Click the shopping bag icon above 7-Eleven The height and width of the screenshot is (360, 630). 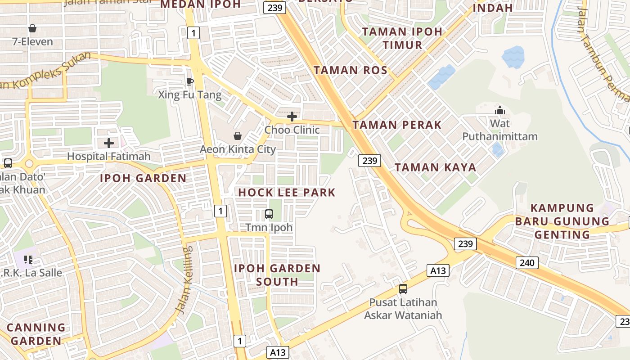pos(32,29)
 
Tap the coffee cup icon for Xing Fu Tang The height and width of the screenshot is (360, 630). pos(189,81)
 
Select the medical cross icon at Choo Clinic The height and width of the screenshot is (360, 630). pos(292,117)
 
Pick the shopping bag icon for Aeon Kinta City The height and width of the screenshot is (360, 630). pos(237,136)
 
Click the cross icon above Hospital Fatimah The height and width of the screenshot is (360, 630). pos(109,143)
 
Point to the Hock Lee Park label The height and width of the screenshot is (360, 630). pos(287,193)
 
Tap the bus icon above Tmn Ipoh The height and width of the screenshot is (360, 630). pos(269,214)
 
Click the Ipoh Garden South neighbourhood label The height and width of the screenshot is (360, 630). pos(277,275)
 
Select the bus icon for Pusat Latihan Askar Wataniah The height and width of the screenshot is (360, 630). pos(403,289)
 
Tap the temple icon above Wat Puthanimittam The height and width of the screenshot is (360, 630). pos(499,110)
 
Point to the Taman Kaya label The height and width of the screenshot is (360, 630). pos(435,167)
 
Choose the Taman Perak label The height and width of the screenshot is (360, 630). pos(397,125)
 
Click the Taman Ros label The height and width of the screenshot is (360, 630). pos(351,70)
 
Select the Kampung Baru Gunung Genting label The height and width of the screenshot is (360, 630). pos(562,221)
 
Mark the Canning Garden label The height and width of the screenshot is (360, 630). pos(36,334)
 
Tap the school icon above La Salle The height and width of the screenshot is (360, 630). pos(28,260)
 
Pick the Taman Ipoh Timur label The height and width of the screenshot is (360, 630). pos(402,38)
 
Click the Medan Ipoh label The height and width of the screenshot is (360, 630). pos(201,4)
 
